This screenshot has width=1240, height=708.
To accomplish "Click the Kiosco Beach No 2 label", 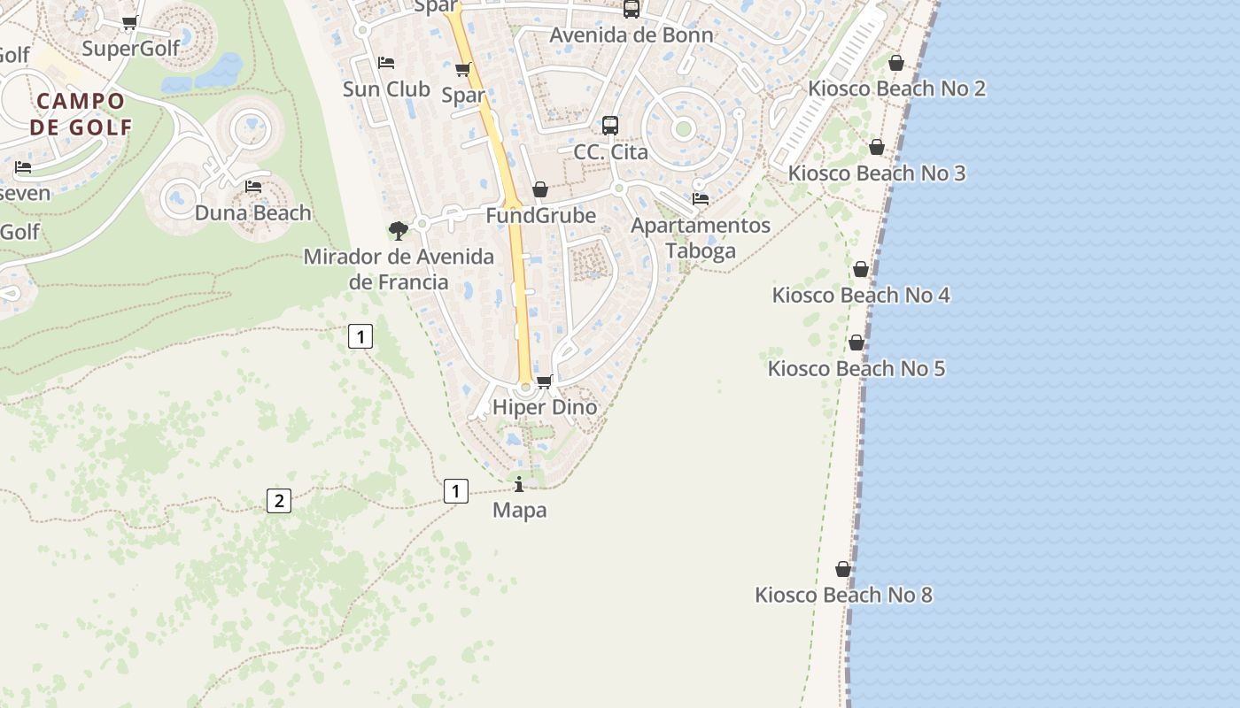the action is (x=896, y=88).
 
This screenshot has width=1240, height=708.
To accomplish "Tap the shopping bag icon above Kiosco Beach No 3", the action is (x=877, y=147).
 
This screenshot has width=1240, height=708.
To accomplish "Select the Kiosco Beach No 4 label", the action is (x=861, y=295).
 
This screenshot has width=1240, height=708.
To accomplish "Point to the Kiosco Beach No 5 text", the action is (x=856, y=368).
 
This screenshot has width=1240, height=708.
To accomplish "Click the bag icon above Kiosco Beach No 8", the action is (x=843, y=569).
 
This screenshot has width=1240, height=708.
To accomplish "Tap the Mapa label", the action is (x=519, y=510).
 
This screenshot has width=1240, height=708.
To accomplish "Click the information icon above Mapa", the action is (x=519, y=484).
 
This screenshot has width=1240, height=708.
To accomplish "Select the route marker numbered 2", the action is (x=279, y=501).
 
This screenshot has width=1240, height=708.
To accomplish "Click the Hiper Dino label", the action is (x=545, y=407).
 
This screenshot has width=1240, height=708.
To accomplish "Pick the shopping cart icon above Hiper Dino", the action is (x=545, y=381).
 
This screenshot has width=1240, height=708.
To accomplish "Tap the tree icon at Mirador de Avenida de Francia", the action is (x=399, y=231).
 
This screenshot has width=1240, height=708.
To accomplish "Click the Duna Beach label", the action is (x=253, y=212).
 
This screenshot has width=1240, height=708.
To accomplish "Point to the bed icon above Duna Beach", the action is (x=253, y=187).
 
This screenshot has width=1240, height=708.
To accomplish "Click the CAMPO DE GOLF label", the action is (x=81, y=114).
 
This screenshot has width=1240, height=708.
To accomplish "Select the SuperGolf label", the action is (x=131, y=48).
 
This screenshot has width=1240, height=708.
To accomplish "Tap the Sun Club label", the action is (x=386, y=88).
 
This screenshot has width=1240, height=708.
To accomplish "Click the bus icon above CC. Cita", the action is (x=610, y=126).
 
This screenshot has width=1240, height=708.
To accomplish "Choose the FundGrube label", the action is (x=540, y=215).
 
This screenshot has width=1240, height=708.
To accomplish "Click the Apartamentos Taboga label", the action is (x=701, y=237).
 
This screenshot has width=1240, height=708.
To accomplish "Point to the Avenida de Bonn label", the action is (x=632, y=35).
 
